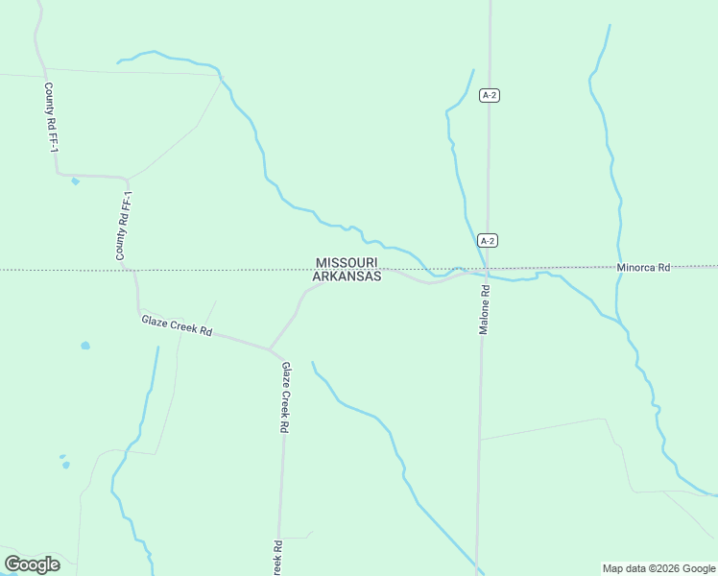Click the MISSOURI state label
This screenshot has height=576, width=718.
[347, 262]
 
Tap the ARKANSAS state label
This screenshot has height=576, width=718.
[347, 276]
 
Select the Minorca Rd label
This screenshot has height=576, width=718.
[643, 268]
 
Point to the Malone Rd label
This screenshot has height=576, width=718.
[485, 309]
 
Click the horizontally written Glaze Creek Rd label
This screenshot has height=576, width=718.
[177, 325]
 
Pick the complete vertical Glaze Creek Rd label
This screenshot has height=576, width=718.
[285, 397]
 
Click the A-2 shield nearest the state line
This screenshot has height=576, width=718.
[488, 241]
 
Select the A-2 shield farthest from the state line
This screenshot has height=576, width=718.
[490, 95]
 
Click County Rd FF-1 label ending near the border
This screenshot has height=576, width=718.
[123, 226]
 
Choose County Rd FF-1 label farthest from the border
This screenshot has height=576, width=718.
[51, 119]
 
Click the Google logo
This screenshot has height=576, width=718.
[32, 564]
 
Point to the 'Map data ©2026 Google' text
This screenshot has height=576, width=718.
[658, 568]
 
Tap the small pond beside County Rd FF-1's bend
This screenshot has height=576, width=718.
[75, 180]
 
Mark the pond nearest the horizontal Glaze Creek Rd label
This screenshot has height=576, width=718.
[85, 346]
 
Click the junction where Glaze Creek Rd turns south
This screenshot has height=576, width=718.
[271, 349]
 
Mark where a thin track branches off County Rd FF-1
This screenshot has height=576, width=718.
[128, 178]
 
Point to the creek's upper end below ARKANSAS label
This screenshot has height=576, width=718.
[312, 363]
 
